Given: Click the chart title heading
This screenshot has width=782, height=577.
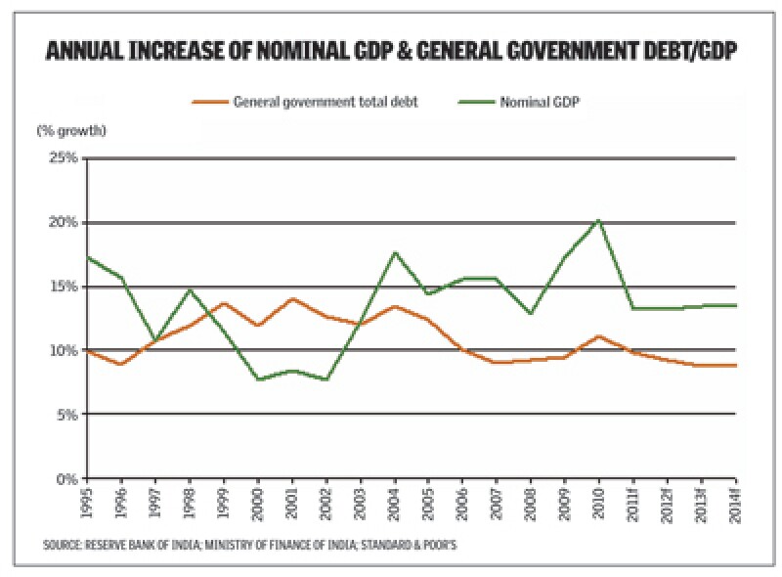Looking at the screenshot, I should (x=391, y=52).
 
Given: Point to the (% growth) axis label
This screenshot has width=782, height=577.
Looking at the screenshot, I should (x=71, y=130).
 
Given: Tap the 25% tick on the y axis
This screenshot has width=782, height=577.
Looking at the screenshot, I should (x=63, y=157).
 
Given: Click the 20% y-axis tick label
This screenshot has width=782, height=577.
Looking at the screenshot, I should (x=63, y=222).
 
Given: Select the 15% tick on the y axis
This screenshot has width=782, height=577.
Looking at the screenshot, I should (x=63, y=287).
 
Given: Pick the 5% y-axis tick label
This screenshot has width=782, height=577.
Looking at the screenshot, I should (x=65, y=415).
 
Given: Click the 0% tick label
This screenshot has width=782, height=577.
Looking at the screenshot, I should (x=65, y=479).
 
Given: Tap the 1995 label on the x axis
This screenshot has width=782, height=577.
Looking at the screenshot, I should (x=88, y=503).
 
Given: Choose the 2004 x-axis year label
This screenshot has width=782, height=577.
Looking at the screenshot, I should (x=395, y=503).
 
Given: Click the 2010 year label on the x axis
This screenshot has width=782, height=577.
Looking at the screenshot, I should (x=598, y=503).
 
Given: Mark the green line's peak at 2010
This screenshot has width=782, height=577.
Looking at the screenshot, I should (x=598, y=220).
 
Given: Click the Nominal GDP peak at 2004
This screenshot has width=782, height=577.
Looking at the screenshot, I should (x=395, y=252).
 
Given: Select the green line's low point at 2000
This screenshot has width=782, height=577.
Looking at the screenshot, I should (x=258, y=379).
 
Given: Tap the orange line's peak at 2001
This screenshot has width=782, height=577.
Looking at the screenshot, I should (x=291, y=299).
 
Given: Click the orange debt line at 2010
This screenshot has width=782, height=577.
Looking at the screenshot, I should (x=598, y=336).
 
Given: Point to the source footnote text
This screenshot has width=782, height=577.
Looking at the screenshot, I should (x=250, y=545).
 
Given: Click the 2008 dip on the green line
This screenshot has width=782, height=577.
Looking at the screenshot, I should (x=530, y=314).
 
